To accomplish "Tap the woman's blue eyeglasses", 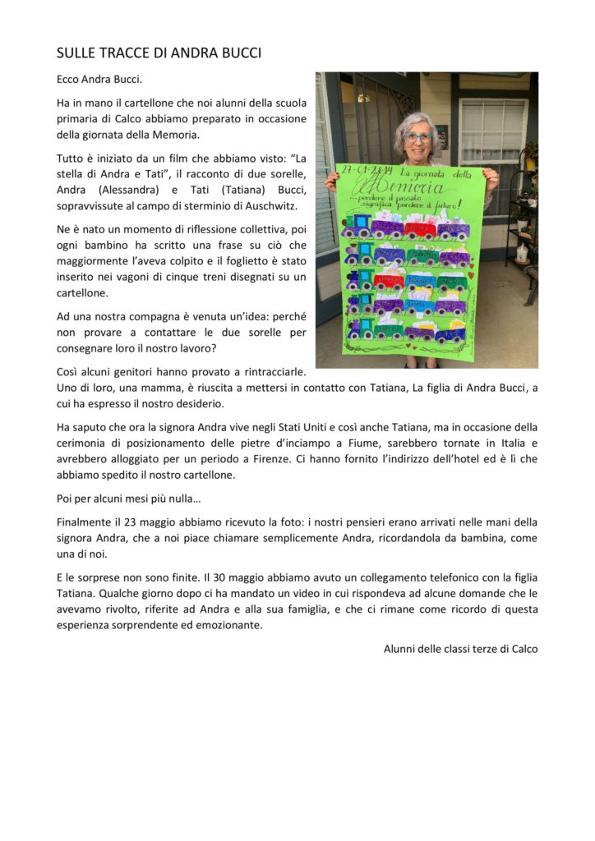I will coord(420,137).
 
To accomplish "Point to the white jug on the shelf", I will coord(520,252).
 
